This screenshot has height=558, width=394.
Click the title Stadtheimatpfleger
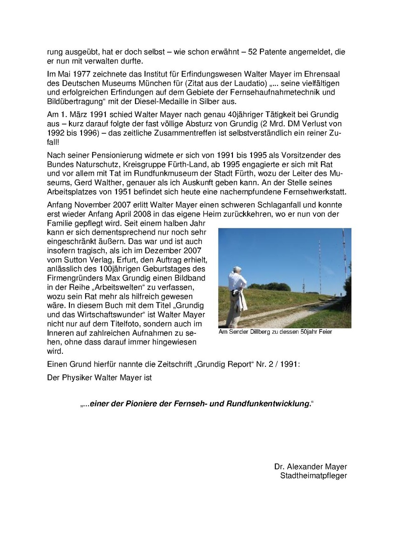pos(313,475)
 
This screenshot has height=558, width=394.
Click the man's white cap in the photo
pos(237,268)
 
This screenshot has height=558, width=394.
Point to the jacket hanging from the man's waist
pos(241,301)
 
